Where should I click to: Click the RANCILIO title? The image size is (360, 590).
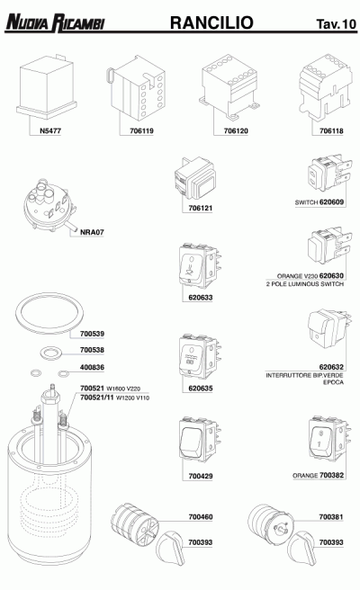[211, 21]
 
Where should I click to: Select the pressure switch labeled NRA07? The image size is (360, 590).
[48, 208]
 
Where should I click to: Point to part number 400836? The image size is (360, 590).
[93, 367]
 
